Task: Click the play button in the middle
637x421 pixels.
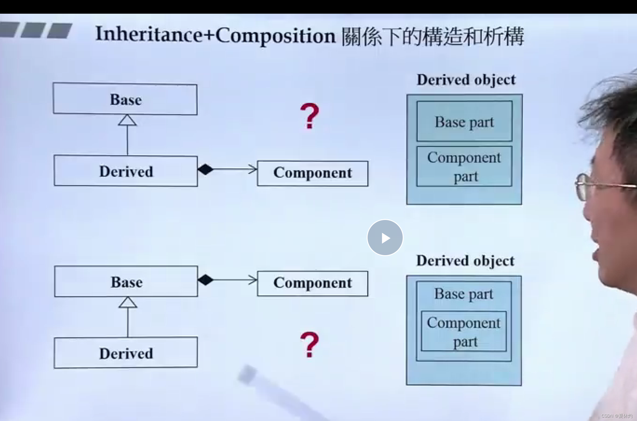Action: tap(385, 238)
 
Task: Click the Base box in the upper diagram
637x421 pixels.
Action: tap(125, 99)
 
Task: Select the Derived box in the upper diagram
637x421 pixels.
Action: tap(126, 171)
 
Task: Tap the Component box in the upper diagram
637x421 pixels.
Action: tap(313, 173)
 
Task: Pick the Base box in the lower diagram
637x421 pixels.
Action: tap(126, 282)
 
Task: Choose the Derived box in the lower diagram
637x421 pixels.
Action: tap(126, 353)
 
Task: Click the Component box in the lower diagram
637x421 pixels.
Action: tap(313, 283)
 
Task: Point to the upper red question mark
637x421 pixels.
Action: tap(309, 116)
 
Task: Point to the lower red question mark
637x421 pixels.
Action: tap(309, 344)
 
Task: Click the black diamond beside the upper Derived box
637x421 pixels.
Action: tap(205, 169)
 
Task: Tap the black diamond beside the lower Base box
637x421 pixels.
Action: tap(205, 280)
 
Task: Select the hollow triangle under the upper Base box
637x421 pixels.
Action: tap(127, 120)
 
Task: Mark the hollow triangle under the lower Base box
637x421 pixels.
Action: tap(127, 302)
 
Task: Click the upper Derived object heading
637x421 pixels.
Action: tap(466, 80)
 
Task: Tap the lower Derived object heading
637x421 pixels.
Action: tap(465, 261)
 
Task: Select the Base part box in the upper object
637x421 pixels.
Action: tap(464, 121)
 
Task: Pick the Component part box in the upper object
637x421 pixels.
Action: tap(464, 166)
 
